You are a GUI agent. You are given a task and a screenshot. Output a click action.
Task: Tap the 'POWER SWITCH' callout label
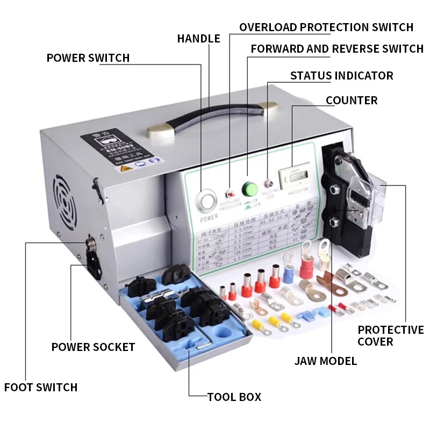88,58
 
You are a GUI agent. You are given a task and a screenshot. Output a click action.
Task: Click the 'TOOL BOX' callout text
234,397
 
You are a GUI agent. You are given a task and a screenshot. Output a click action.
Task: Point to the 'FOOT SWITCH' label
41,387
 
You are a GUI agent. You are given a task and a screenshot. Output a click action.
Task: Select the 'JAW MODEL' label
326,361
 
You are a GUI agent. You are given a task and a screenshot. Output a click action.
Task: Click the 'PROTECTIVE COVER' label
391,335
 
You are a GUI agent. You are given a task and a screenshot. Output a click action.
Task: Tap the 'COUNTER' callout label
352,101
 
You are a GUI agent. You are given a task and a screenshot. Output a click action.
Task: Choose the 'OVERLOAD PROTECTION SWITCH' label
326,27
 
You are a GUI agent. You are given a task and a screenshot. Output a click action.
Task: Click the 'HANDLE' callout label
199,39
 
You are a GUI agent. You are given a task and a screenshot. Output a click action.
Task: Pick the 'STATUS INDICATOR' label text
341,76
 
